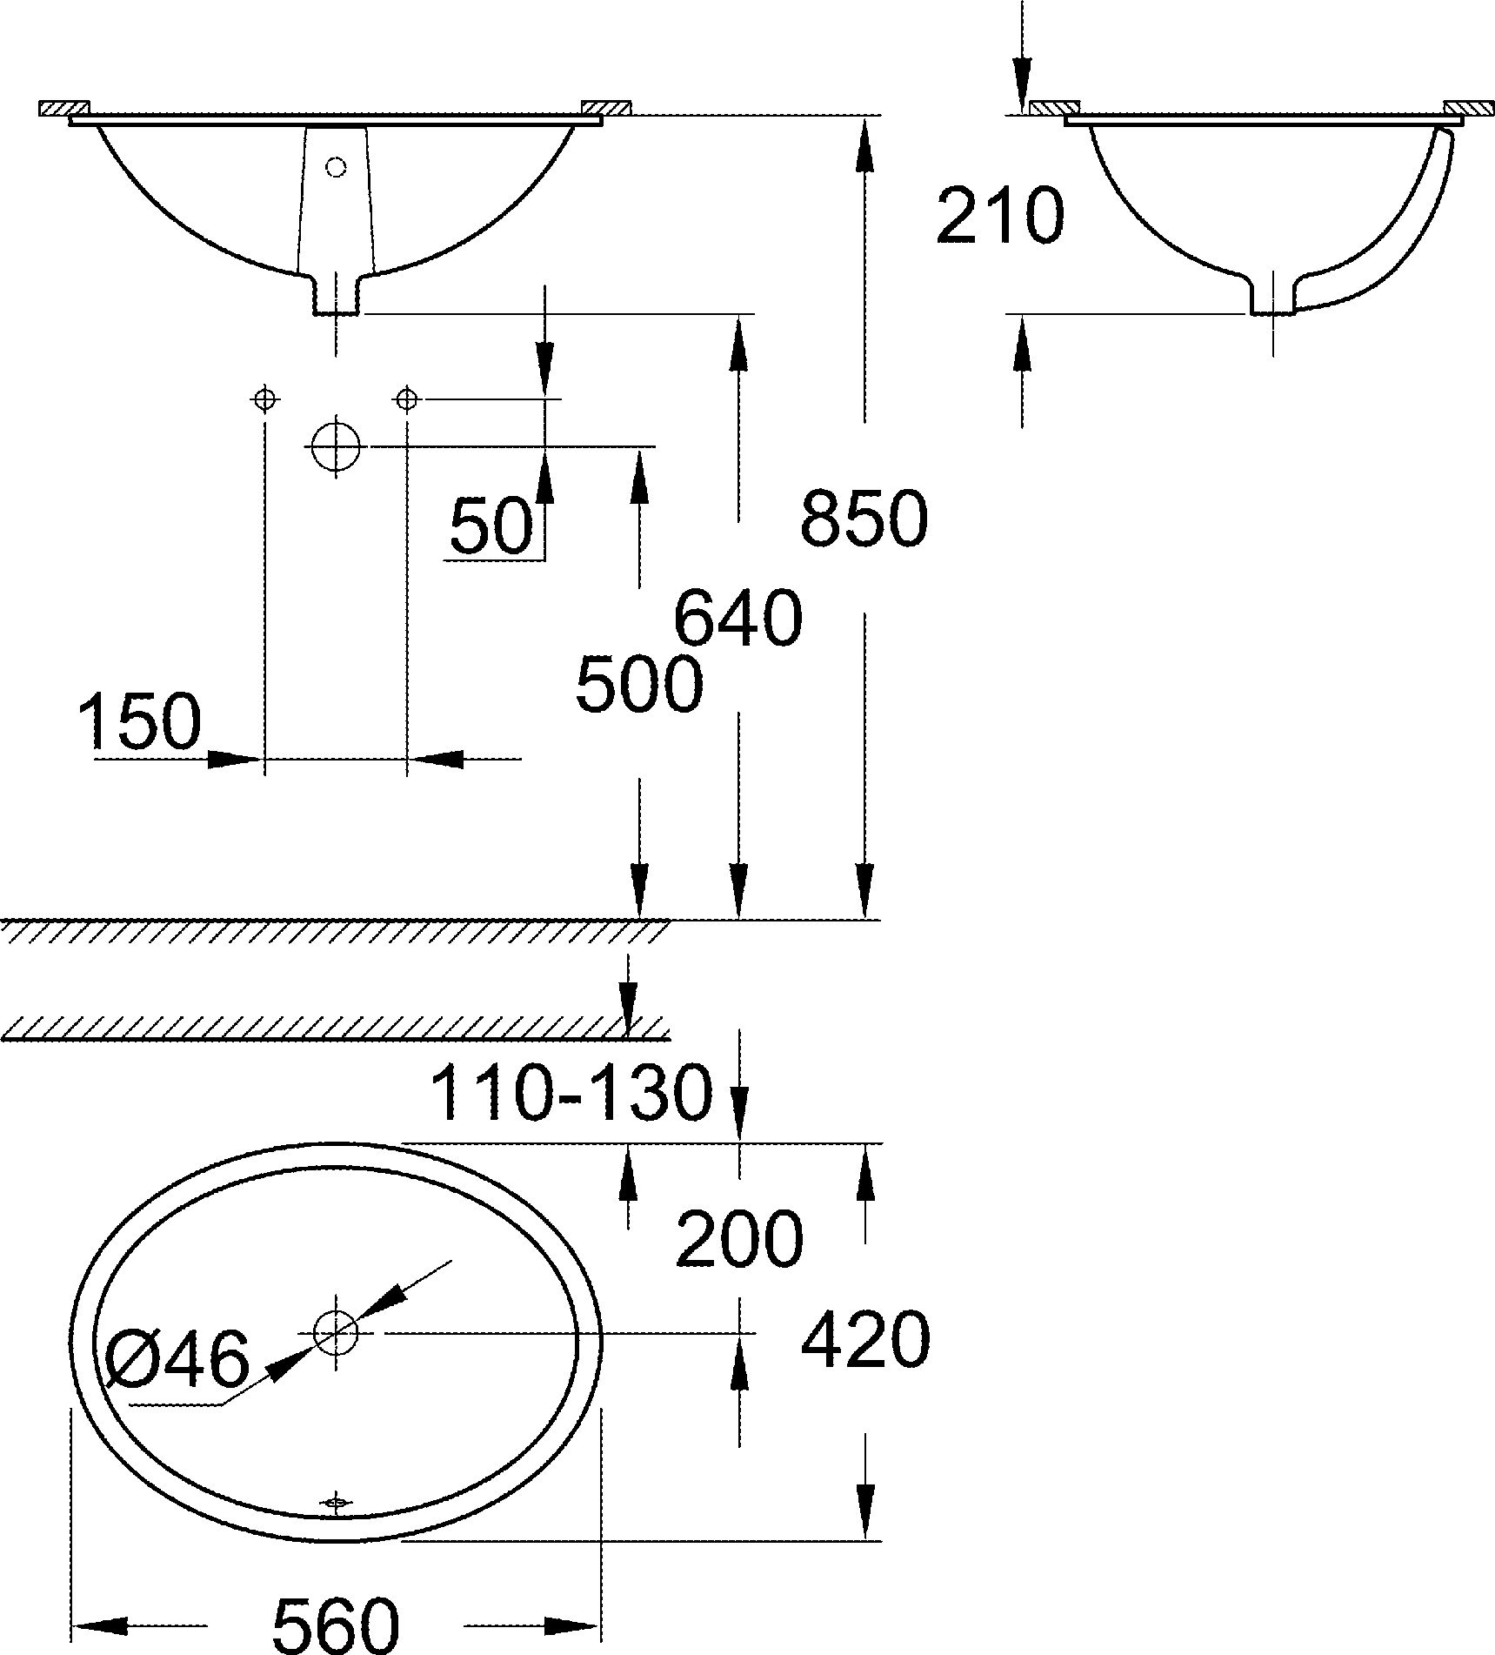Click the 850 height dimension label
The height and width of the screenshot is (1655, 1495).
pyautogui.click(x=864, y=519)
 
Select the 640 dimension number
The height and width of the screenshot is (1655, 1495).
pyautogui.click(x=737, y=619)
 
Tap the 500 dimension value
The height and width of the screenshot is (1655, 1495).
pyautogui.click(x=638, y=685)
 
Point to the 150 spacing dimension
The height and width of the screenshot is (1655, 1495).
pyautogui.click(x=139, y=721)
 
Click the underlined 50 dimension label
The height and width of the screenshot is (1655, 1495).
pyautogui.click(x=491, y=526)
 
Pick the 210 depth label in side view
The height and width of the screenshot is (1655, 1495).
pyautogui.click(x=999, y=216)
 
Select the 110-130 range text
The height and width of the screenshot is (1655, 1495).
pyautogui.click(x=571, y=1093)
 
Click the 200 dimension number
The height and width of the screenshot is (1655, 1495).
pyautogui.click(x=738, y=1239)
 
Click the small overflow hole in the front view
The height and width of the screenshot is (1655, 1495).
pyautogui.click(x=336, y=165)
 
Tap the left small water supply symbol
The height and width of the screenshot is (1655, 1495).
pyautogui.click(x=264, y=399)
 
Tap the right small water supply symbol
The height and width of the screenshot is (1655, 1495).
pyautogui.click(x=406, y=399)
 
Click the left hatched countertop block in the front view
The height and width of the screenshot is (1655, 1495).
pyautogui.click(x=64, y=108)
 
